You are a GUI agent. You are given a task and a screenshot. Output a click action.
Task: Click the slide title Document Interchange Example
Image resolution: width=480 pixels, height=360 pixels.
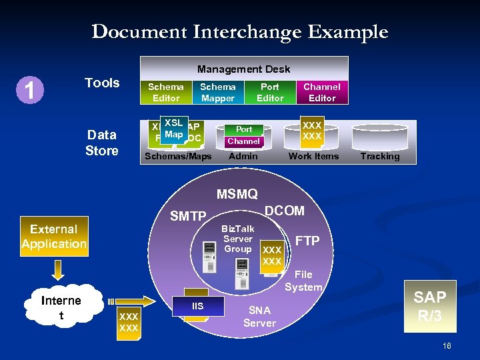239,31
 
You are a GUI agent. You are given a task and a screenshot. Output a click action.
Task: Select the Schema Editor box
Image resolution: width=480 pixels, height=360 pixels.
166,92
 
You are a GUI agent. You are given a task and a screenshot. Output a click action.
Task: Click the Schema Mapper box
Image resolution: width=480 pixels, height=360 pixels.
218,92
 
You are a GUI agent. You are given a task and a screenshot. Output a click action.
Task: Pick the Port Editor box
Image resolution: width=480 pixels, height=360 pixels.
270,92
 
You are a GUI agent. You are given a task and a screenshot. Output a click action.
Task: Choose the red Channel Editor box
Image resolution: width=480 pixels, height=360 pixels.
321,92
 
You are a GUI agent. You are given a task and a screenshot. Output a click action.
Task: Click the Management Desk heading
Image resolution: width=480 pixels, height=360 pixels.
243,69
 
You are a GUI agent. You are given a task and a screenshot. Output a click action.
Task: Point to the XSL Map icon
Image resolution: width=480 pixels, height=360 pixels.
173,129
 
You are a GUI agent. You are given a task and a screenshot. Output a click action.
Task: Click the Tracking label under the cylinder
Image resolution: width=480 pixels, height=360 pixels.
380,157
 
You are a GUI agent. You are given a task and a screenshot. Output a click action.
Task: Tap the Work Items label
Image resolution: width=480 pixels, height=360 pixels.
313,157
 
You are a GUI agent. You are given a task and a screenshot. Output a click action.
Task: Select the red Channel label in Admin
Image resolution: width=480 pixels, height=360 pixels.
243,141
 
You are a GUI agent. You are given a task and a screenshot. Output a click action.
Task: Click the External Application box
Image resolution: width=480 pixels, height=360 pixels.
54,237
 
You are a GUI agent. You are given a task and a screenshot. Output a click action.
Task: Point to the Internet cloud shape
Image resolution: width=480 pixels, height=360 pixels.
61,307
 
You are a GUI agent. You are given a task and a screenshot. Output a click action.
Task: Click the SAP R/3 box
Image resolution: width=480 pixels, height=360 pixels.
430,307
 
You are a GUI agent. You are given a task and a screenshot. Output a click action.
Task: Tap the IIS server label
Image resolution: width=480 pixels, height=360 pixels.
197,307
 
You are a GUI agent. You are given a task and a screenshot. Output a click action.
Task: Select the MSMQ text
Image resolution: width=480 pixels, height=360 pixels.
237,194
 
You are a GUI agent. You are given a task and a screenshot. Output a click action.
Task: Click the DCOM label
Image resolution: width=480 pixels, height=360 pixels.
285,211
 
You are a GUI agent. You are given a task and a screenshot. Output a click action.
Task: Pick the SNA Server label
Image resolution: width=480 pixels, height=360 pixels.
259,317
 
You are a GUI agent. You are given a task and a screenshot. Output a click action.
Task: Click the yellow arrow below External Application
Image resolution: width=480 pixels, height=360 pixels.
58,269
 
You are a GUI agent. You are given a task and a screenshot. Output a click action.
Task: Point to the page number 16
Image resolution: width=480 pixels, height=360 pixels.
447,345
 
